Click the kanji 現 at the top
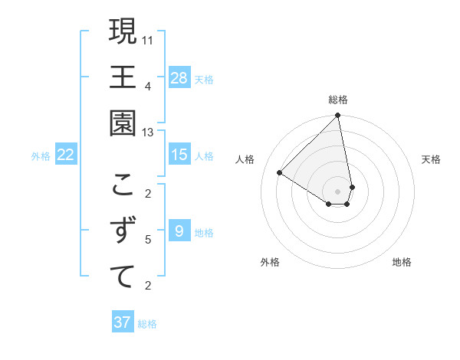[123, 33]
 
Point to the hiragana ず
[123, 231]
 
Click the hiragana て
[123, 276]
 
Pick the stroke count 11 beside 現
[149, 40]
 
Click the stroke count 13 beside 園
[149, 132]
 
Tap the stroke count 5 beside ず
[149, 240]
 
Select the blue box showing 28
[179, 78]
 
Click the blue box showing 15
[179, 155]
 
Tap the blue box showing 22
[66, 155]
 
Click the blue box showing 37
[123, 322]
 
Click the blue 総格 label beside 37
[147, 324]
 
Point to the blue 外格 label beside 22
[41, 156]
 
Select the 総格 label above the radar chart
[338, 100]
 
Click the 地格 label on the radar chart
[402, 262]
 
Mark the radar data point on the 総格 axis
[338, 116]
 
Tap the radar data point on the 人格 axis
[280, 173]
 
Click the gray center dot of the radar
[338, 191]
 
